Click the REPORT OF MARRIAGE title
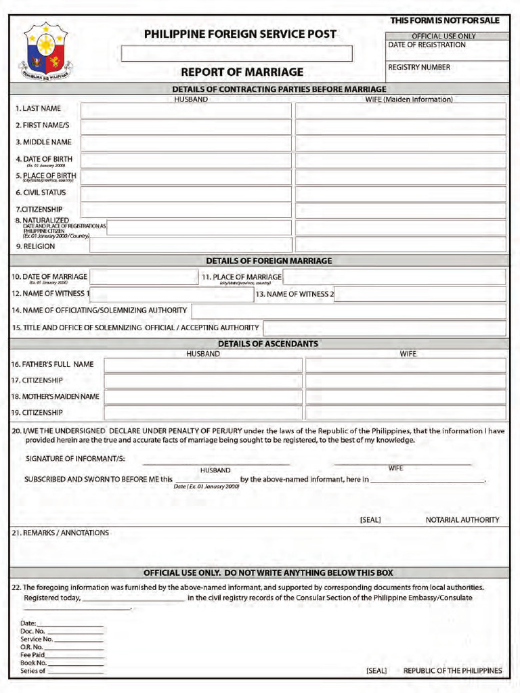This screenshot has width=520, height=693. coord(242,72)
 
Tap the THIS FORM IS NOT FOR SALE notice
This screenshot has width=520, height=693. coord(444,21)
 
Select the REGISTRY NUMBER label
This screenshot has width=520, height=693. coord(418,68)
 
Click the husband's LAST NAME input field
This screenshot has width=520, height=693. coord(186,110)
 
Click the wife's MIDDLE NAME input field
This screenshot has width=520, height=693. coord(400,143)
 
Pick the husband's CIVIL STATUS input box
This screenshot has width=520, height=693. coord(186,194)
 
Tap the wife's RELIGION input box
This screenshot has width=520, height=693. coord(400,245)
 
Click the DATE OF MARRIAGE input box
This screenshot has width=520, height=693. coord(144,277)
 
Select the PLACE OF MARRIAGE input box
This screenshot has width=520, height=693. coord(394,277)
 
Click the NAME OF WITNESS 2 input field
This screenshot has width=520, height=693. coord(420,294)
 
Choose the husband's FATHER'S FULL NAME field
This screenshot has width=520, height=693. coord(203,365)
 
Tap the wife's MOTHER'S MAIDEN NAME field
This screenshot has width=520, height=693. coord(406,397)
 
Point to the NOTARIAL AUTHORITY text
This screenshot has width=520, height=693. coord(462,520)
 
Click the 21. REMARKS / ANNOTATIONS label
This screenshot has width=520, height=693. coord(60,533)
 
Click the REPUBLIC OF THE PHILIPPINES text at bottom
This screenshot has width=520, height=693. coord(452,671)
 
